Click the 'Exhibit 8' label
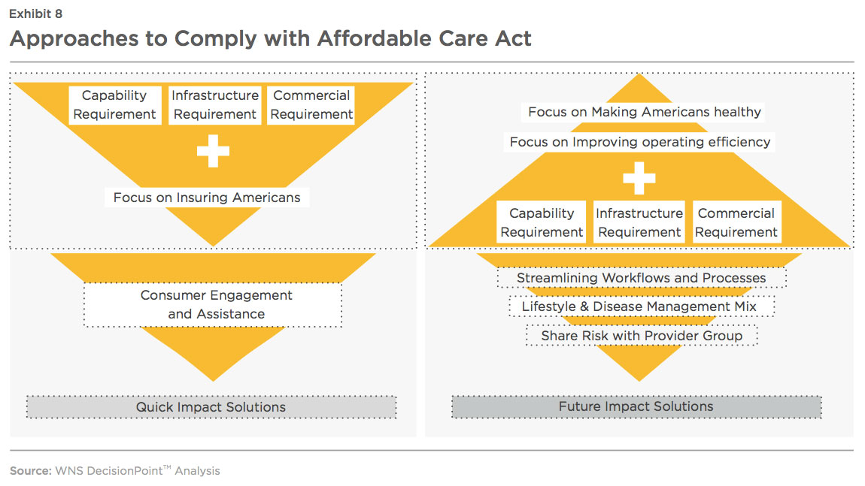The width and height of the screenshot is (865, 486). (36, 14)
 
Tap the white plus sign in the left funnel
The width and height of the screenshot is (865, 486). (213, 151)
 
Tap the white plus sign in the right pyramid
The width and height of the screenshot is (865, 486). (639, 178)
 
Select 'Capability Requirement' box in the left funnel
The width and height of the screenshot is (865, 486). (115, 104)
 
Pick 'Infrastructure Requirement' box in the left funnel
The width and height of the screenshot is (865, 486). (214, 104)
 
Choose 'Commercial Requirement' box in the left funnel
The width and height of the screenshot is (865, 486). (311, 104)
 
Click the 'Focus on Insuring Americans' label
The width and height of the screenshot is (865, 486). (207, 198)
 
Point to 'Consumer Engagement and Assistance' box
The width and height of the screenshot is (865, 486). (213, 305)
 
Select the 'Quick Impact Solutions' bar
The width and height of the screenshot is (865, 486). (211, 407)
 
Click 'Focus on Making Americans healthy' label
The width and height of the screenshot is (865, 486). (643, 112)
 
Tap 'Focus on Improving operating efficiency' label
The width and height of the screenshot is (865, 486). (639, 142)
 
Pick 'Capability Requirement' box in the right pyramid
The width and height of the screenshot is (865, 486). (541, 222)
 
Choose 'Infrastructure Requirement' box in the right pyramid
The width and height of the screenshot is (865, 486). (639, 222)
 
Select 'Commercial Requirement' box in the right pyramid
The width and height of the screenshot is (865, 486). (736, 222)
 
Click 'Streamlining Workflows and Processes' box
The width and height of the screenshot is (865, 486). (642, 278)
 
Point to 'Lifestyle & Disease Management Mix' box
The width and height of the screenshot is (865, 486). (642, 306)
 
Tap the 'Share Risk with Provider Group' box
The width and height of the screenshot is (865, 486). (642, 336)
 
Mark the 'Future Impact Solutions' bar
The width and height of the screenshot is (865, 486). (636, 406)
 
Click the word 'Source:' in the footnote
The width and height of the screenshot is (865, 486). (30, 471)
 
